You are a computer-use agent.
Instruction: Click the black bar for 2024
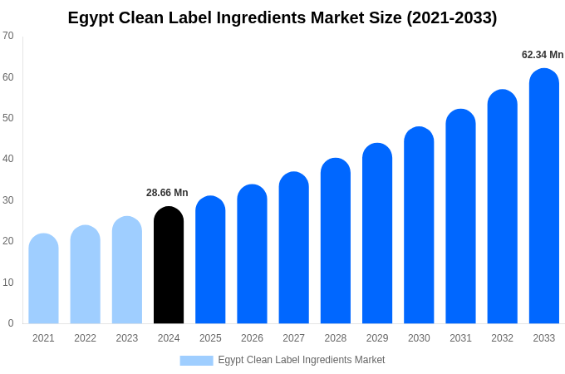pos(169,266)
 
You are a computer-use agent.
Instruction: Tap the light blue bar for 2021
pos(43,279)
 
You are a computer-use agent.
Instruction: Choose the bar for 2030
pos(419,225)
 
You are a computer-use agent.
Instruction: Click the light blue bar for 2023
pos(127,271)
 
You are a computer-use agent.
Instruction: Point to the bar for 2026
pos(252,254)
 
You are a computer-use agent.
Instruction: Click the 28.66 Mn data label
pos(167,193)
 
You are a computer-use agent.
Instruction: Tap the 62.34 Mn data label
pos(543,55)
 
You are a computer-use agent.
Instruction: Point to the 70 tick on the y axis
pos(8,36)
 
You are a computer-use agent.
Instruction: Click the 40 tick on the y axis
pos(8,159)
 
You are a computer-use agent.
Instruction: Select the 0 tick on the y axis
pos(11,323)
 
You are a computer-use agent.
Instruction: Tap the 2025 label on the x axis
pos(210,338)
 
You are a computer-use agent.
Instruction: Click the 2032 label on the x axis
pos(502,338)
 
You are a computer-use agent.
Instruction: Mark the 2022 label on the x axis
pos(85,338)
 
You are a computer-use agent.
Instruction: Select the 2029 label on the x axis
pos(377,338)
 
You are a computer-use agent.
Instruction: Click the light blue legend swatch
pos(196,361)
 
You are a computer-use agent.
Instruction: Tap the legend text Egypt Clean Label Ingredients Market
pos(302,360)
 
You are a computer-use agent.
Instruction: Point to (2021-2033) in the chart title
pos(451,17)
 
